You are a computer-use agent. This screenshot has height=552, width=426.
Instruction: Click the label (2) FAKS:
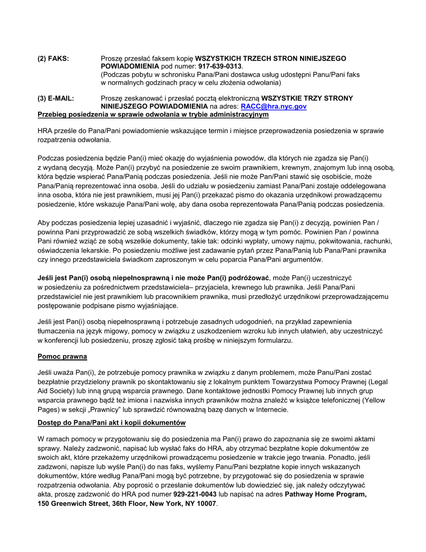tap(53, 58)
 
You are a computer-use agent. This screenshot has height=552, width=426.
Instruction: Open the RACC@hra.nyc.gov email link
tap(274, 106)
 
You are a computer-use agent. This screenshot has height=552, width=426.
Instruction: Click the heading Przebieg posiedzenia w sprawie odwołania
tap(153, 114)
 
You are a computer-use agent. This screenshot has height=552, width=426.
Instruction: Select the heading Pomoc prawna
tap(62, 356)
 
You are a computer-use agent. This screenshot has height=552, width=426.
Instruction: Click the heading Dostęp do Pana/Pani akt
tap(111, 423)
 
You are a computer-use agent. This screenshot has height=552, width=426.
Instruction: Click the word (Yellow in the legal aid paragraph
tap(376, 400)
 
